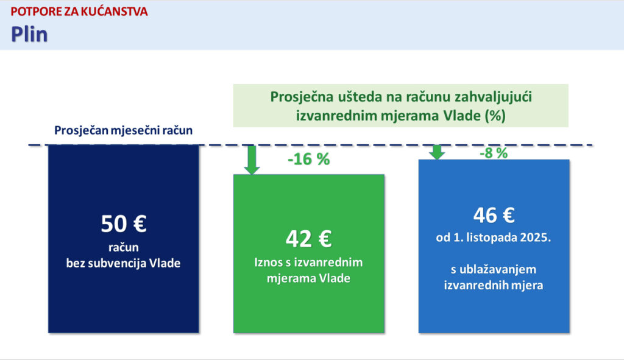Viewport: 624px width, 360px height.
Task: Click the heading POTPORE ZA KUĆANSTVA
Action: click(79, 12)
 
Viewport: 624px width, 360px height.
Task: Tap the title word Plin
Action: click(29, 34)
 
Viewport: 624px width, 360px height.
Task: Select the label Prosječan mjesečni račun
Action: click(123, 130)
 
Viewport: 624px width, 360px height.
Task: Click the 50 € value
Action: click(124, 224)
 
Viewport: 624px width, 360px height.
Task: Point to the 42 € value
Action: click(309, 239)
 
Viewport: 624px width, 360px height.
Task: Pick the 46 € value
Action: click(494, 215)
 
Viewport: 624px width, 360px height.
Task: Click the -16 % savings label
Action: click(309, 159)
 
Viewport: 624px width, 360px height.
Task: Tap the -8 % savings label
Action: click(494, 153)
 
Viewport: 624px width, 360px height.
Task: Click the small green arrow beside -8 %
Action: click(436, 152)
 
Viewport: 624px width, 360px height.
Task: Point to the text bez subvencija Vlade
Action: click(123, 263)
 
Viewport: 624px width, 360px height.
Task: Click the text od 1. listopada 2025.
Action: click(494, 238)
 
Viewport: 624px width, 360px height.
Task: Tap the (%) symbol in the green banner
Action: click(495, 116)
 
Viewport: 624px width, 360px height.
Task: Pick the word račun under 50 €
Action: click(123, 247)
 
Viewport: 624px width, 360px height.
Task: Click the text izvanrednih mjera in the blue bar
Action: click(494, 285)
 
